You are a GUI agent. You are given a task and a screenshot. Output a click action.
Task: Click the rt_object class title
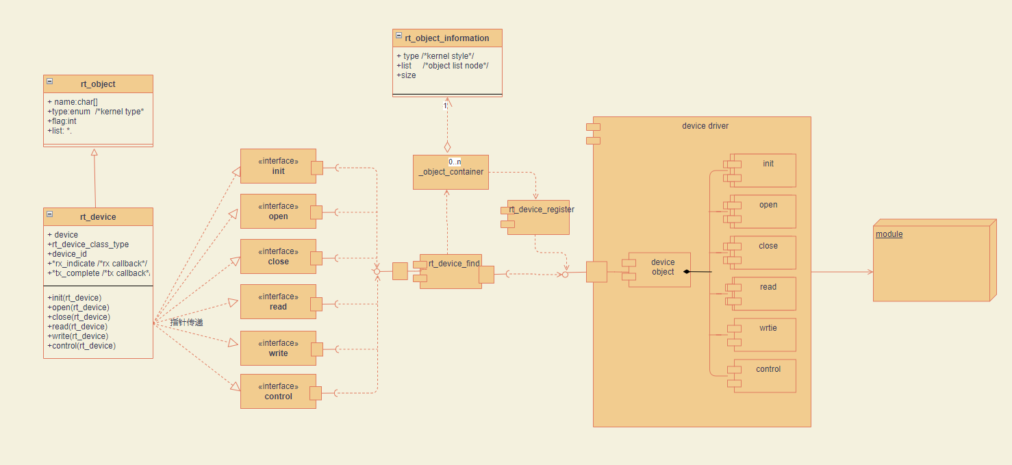98,84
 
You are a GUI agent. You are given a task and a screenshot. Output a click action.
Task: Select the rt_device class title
98,217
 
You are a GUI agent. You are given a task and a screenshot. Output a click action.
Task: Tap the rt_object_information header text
447,38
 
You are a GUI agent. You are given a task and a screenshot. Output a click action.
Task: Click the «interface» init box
278,166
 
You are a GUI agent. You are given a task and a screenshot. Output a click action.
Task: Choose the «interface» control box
278,392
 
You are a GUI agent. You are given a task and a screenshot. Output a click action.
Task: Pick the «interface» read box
278,302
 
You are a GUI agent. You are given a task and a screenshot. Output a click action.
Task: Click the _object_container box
451,173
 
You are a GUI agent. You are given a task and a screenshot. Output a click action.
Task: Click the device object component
662,268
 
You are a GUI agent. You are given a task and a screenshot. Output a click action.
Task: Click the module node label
889,234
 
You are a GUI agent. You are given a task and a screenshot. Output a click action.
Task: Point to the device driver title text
705,126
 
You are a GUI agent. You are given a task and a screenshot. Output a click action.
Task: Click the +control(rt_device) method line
81,346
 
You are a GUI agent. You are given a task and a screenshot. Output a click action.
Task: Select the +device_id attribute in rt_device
67,254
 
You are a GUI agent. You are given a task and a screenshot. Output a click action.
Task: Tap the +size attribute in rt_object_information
406,75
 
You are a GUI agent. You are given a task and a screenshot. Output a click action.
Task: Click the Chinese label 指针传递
187,322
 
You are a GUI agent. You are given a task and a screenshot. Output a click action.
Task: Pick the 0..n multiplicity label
455,162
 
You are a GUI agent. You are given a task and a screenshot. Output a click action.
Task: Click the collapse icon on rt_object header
50,81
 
